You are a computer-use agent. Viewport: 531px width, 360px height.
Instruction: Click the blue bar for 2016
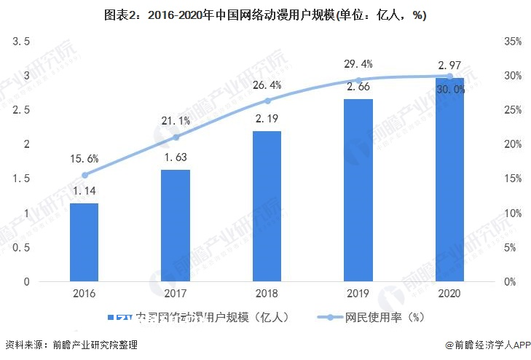coord(84,242)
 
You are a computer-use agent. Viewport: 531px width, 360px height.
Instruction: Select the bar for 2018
coord(267,206)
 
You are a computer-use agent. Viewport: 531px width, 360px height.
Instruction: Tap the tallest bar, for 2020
coord(449,179)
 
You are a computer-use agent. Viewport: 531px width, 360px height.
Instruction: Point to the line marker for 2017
coord(176,137)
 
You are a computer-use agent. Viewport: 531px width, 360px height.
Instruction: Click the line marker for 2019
coord(358,80)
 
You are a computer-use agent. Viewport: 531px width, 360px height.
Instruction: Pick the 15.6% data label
coord(84,158)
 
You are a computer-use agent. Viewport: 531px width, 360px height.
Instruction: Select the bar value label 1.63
coord(176,157)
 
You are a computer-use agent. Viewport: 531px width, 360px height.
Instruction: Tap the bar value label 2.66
coord(358,87)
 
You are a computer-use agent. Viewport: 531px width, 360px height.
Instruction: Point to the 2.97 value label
coord(449,66)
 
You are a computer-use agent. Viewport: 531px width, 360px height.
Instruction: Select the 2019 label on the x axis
coord(358,293)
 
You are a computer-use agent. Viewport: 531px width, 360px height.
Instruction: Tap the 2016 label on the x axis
coord(84,293)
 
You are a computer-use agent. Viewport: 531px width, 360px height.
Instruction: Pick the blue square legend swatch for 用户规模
coord(111,318)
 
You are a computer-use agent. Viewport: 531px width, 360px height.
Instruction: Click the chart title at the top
coord(265,15)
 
